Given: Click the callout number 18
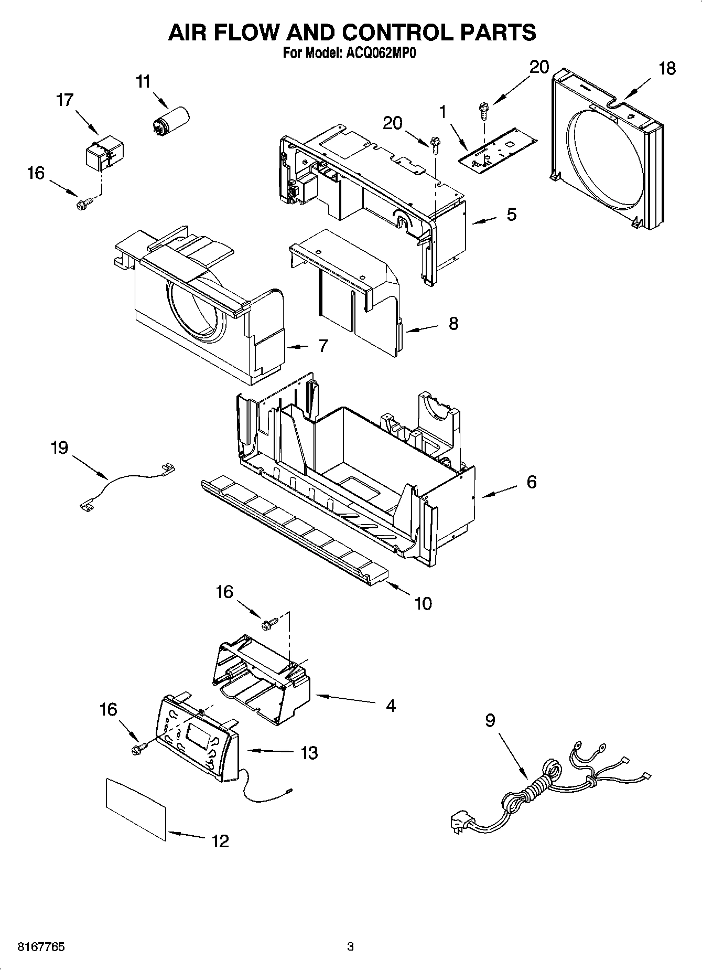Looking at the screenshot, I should [667, 69].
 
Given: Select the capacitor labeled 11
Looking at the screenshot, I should [170, 120].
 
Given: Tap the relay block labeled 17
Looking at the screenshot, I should [103, 153].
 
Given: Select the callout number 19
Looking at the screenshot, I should [59, 448].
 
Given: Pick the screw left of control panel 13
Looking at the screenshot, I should [140, 749].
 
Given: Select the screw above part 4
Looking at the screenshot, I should [271, 624].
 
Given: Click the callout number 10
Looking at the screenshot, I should [423, 604].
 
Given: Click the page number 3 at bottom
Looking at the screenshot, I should [350, 947].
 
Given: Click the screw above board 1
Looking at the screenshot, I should [482, 110].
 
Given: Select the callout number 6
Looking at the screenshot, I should [531, 482].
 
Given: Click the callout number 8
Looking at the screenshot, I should [453, 323].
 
